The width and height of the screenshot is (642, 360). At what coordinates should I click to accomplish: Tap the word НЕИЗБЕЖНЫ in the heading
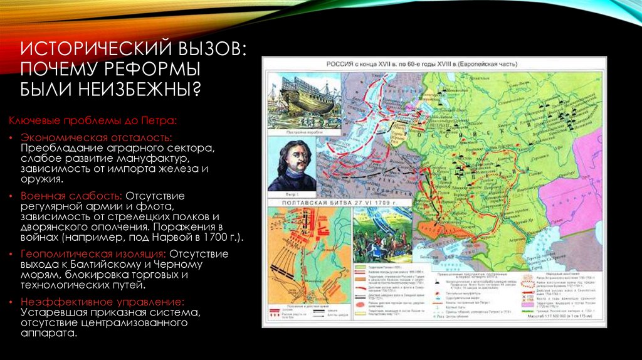(x=137, y=87)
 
